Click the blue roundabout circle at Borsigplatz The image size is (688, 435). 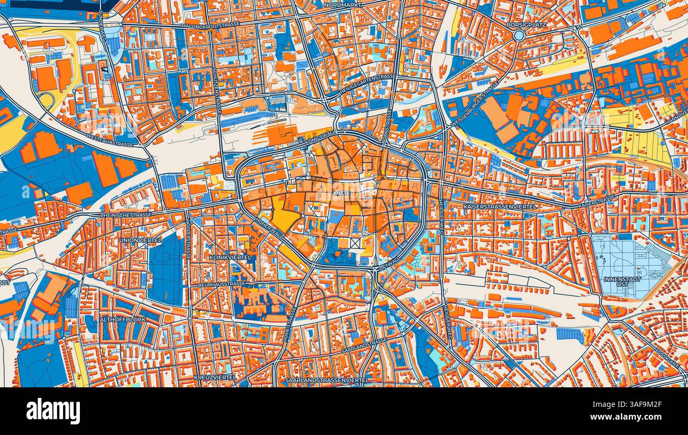[519, 35]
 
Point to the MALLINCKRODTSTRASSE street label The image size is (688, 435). [210, 25]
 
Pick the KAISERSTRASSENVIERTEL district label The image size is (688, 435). [500, 206]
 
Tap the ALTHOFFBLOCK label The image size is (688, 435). [123, 319]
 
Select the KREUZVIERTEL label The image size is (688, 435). [215, 377]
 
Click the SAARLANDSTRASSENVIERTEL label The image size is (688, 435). [327, 380]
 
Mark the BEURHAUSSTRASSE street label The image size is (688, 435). [222, 285]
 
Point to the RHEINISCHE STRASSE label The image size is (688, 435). [126, 215]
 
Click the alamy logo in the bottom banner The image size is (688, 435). [53, 411]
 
